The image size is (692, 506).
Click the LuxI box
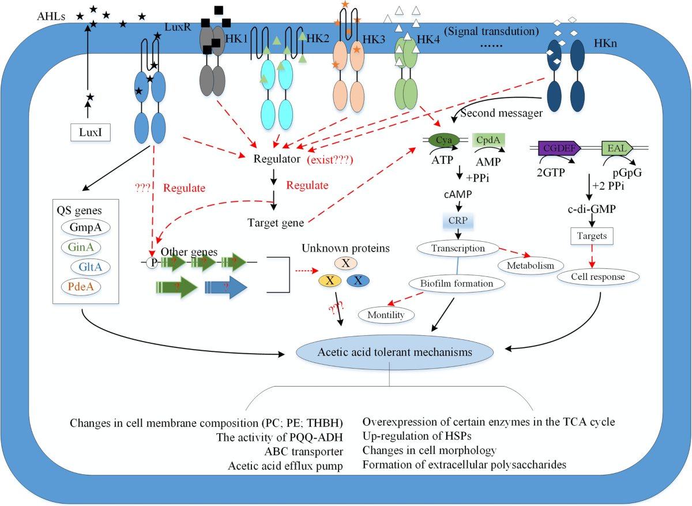tap(90, 132)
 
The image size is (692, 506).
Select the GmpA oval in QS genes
tap(85, 227)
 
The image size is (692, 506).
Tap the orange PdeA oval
tap(81, 287)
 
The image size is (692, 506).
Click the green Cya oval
tap(444, 140)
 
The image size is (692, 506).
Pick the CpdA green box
tap(488, 140)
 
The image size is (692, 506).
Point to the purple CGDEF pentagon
tap(559, 148)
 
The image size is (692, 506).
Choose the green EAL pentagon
tap(617, 148)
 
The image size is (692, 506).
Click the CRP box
tap(458, 221)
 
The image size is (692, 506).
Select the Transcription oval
tap(458, 248)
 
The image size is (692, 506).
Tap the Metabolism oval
tap(531, 265)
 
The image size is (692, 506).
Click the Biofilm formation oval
tap(457, 283)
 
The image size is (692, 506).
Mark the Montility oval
tap(386, 315)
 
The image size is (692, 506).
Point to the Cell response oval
tap(598, 276)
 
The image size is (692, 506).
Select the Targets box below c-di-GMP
tap(592, 236)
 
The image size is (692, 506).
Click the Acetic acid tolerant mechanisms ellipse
tap(394, 352)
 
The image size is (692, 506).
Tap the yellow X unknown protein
tap(330, 280)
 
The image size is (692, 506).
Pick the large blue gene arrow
tap(226, 287)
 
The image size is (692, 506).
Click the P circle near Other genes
tap(152, 263)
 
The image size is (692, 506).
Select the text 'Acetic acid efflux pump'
tap(285, 466)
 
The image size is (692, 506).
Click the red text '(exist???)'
tap(330, 160)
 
